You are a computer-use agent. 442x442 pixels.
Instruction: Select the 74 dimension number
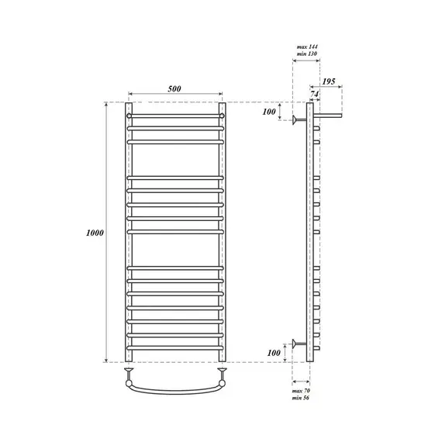313,93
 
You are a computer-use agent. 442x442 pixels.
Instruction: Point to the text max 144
308,48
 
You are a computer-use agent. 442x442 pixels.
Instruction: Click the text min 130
308,55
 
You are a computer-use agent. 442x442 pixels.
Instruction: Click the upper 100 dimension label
269,112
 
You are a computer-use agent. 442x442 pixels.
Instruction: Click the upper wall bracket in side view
298,119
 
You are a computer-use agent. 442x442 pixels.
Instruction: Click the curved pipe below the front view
175,388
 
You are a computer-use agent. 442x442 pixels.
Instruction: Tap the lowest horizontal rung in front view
175,346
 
